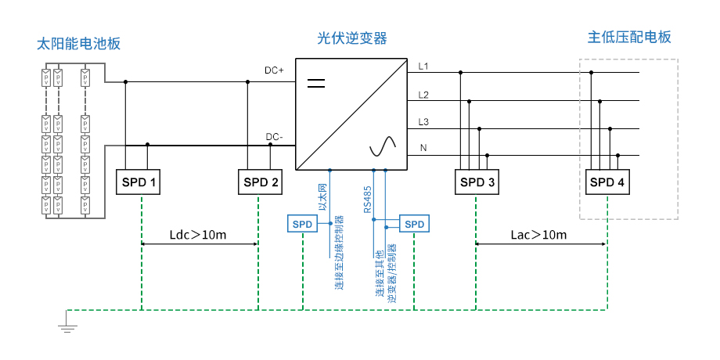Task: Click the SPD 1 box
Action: (140, 182)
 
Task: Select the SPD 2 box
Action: (260, 182)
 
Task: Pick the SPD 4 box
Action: (607, 182)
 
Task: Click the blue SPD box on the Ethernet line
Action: (302, 225)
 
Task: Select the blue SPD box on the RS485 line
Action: (414, 225)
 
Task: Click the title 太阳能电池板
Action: (79, 43)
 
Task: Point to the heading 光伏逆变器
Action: (352, 38)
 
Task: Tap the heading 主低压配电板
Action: (629, 38)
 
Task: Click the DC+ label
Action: (274, 71)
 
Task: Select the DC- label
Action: (274, 137)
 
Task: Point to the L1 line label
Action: (423, 66)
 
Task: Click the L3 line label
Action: (423, 122)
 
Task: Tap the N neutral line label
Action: (423, 147)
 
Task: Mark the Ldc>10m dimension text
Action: (199, 235)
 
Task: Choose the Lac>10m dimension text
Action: (539, 235)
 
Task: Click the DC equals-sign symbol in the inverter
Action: (315, 81)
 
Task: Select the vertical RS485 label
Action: (366, 199)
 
